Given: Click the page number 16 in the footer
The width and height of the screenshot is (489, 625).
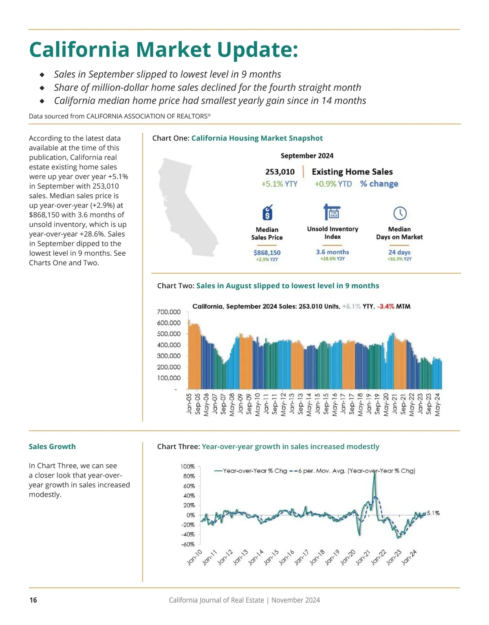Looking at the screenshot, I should (x=33, y=600).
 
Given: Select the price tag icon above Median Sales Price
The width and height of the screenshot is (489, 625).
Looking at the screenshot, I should (x=267, y=213).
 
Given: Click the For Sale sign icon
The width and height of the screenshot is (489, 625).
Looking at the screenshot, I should (x=332, y=212).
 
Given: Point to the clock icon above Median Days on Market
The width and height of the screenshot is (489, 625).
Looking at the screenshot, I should (x=400, y=213).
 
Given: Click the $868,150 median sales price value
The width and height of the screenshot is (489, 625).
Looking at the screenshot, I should (x=267, y=252).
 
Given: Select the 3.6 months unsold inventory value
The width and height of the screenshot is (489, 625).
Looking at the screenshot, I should (x=333, y=252).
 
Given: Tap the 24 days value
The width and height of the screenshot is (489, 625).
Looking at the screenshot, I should (x=399, y=252).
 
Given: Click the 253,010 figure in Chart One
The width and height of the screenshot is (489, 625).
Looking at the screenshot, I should (x=280, y=172).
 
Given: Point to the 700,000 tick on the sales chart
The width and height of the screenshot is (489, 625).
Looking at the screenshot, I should (x=169, y=312).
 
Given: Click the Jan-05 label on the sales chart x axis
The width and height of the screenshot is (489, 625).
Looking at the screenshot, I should (x=189, y=404).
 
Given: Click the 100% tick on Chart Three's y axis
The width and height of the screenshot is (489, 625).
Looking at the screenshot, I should (x=187, y=466).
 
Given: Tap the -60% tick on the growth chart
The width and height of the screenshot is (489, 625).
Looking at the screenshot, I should (x=187, y=544).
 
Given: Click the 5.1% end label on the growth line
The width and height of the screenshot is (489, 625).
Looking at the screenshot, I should (x=433, y=513).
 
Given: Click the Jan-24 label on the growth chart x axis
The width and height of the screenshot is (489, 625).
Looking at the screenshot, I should (x=409, y=558).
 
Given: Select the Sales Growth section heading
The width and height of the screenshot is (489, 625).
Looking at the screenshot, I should (x=52, y=446).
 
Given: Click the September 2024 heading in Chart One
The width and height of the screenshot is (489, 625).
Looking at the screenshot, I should (x=307, y=156).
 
